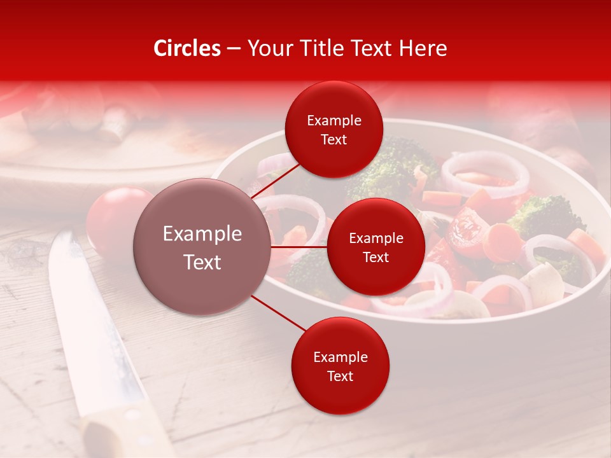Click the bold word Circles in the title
click(187, 48)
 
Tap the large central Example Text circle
click(202, 247)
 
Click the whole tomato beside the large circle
click(111, 216)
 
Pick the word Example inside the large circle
click(202, 234)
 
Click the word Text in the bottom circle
click(340, 376)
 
